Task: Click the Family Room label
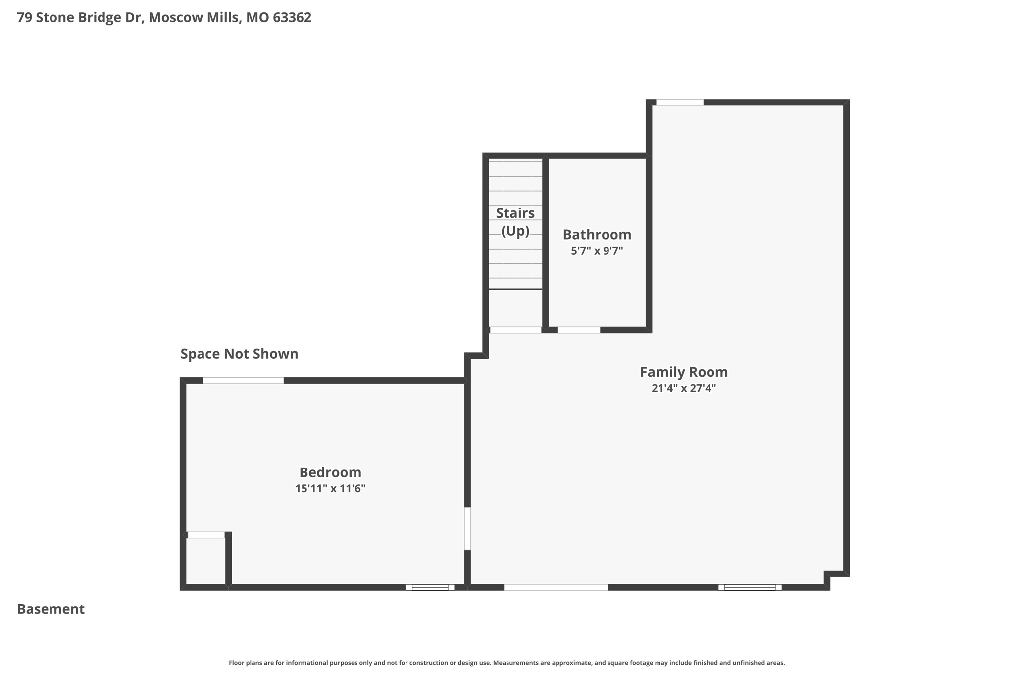click(x=683, y=372)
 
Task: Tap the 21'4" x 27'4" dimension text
click(x=683, y=388)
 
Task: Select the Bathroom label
click(x=597, y=234)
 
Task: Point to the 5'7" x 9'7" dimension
click(x=597, y=251)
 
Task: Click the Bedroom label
click(x=330, y=472)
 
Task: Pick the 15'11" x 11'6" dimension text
click(x=330, y=488)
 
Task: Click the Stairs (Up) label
click(x=515, y=221)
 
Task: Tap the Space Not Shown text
click(x=239, y=354)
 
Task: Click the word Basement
click(x=51, y=609)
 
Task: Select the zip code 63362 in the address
click(x=292, y=17)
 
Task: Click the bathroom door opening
click(x=578, y=330)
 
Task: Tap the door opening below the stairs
click(x=515, y=330)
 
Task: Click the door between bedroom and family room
click(x=467, y=528)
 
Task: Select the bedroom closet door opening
click(x=206, y=535)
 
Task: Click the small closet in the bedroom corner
click(x=205, y=561)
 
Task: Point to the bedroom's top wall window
click(x=243, y=380)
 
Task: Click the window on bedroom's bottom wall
click(x=430, y=587)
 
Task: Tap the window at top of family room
click(x=679, y=103)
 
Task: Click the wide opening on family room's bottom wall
click(x=556, y=587)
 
